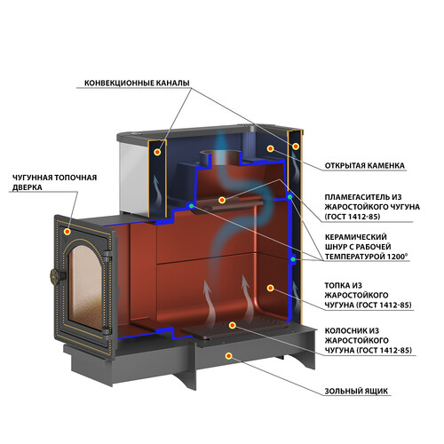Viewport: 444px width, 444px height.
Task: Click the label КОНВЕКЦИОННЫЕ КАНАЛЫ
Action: click(137, 83)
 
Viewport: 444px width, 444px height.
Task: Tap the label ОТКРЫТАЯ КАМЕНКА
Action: click(364, 165)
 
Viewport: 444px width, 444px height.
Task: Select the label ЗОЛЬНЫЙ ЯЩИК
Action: click(356, 391)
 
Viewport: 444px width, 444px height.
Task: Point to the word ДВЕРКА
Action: click(28, 187)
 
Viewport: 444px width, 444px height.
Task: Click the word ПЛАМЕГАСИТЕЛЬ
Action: click(360, 197)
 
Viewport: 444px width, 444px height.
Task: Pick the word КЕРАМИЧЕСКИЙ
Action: click(356, 237)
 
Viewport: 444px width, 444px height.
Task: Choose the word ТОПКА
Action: click(337, 286)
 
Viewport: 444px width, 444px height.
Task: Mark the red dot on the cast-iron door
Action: click(67, 232)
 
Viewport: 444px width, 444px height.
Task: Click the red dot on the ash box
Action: click(228, 356)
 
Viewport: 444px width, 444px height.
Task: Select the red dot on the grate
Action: click(233, 325)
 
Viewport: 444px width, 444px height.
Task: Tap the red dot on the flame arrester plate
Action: click(222, 200)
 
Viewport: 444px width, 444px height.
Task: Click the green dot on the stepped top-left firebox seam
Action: click(192, 206)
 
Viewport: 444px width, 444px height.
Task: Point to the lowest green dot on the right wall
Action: click(293, 259)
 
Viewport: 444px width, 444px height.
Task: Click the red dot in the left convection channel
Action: click(157, 152)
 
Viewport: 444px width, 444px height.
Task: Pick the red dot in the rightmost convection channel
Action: click(296, 146)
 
